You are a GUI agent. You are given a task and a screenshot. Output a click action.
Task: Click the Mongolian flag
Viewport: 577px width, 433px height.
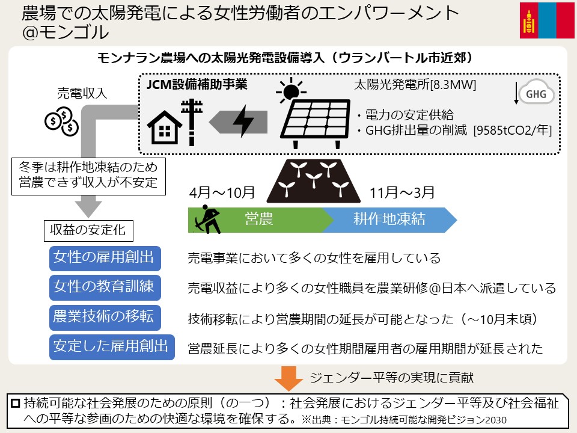tap(547, 20)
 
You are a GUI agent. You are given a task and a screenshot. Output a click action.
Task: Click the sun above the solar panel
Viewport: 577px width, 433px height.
tap(291, 89)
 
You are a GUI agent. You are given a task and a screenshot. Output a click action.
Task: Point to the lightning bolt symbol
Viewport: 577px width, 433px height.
tap(243, 121)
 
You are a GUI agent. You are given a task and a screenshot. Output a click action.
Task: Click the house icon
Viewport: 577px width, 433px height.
tap(165, 127)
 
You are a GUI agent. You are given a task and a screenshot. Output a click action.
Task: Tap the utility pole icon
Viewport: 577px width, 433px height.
tap(192, 122)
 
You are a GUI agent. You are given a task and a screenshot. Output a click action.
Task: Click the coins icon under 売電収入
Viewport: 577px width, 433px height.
tap(62, 121)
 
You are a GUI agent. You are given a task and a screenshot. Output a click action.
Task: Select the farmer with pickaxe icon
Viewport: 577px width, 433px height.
tap(207, 220)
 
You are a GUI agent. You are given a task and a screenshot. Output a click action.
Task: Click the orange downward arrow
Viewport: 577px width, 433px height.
tap(288, 378)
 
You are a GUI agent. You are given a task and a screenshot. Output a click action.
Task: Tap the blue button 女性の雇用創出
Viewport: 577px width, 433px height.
tap(105, 258)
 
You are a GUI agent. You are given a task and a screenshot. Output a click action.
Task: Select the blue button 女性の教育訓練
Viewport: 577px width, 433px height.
tap(105, 287)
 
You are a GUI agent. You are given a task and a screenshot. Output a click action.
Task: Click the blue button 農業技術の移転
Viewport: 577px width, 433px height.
tap(105, 317)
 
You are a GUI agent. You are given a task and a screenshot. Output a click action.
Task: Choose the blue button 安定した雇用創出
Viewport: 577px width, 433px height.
tap(112, 347)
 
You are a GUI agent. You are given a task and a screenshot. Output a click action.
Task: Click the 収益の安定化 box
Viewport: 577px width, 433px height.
tap(88, 230)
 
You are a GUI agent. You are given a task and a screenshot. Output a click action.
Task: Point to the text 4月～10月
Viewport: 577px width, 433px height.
tap(222, 192)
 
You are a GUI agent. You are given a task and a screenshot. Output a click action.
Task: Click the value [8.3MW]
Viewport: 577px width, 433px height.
tap(453, 85)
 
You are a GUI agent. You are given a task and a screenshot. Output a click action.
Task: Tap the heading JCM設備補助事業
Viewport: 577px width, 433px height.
tap(197, 84)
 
